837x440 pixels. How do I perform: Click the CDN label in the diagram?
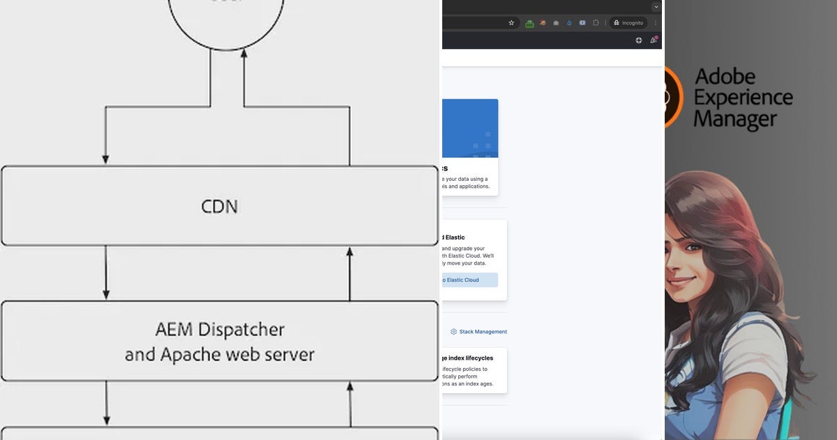pyautogui.click(x=219, y=207)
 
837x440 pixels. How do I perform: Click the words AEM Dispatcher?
pyautogui.click(x=220, y=329)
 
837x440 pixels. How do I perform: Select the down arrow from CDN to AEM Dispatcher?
pyautogui.click(x=106, y=272)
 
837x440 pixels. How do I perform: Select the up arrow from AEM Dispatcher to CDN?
pyautogui.click(x=349, y=272)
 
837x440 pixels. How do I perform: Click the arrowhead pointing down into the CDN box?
pyautogui.click(x=106, y=159)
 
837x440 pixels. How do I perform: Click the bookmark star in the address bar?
pyautogui.click(x=511, y=22)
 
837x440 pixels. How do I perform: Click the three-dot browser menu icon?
pyautogui.click(x=656, y=22)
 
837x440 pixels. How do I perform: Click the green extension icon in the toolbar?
pyautogui.click(x=529, y=23)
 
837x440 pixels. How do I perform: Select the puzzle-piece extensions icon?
pyautogui.click(x=596, y=22)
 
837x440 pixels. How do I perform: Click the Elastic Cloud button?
pyautogui.click(x=469, y=280)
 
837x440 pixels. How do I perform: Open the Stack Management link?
pyautogui.click(x=483, y=332)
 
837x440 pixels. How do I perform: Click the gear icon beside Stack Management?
pyautogui.click(x=453, y=332)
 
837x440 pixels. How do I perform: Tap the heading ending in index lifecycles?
pyautogui.click(x=467, y=358)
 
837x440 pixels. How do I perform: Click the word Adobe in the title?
pyautogui.click(x=725, y=75)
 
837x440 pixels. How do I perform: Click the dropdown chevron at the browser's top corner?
pyautogui.click(x=656, y=6)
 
